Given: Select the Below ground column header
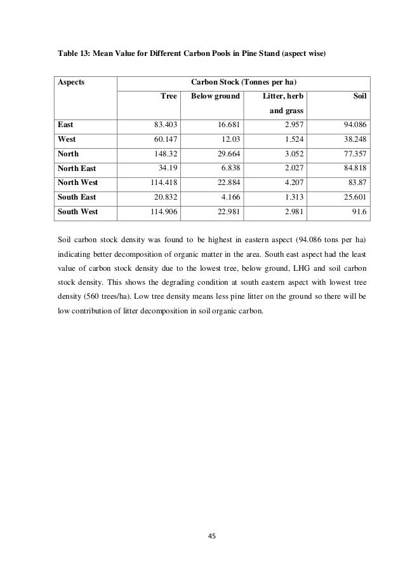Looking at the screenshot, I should pos(211,97).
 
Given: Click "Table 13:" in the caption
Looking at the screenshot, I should pos(69,55).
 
